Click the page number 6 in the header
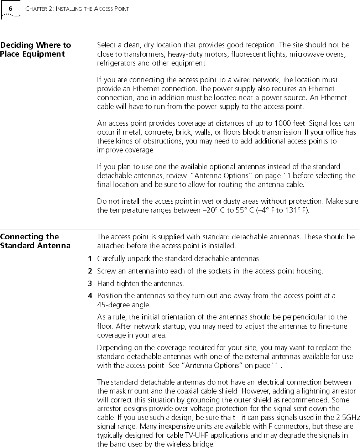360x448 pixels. coord(11,8)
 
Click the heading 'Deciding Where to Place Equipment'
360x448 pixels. coord(36,50)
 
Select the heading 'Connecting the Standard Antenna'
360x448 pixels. coord(35,241)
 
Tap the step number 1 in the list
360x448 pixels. coord(90,258)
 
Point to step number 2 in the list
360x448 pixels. coord(90,271)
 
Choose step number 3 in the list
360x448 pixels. coord(90,283)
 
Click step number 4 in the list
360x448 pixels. coord(90,296)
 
